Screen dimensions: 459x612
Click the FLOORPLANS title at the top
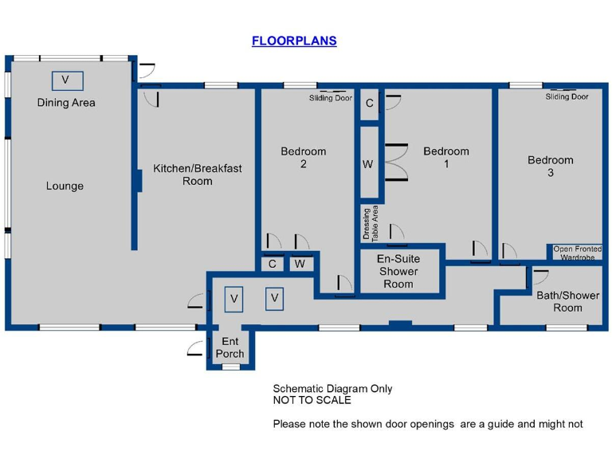[x=294, y=41]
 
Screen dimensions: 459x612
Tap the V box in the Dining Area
[x=66, y=80]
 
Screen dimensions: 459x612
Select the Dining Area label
[x=66, y=103]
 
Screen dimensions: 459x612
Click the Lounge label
[x=65, y=186]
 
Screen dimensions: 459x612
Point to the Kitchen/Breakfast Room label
[x=198, y=175]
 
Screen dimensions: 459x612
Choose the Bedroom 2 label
[x=303, y=158]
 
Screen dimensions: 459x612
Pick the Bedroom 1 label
[x=445, y=158]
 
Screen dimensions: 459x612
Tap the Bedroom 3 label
[x=550, y=166]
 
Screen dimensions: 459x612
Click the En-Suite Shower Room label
[x=398, y=271]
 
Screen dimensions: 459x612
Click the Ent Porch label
[x=229, y=347]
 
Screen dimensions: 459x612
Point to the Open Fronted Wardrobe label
[x=578, y=253]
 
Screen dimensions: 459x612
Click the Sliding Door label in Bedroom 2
[x=331, y=98]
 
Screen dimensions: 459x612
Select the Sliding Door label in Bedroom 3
[x=567, y=96]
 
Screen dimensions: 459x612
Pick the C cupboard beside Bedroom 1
[x=369, y=104]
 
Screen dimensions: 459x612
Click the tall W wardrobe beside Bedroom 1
[x=367, y=165]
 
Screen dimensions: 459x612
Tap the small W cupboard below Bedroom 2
[x=300, y=264]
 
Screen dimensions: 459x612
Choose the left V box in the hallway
[x=233, y=298]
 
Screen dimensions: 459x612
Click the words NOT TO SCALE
[x=312, y=400]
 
